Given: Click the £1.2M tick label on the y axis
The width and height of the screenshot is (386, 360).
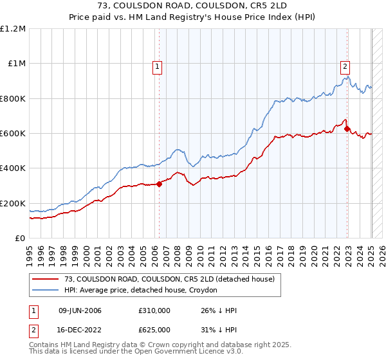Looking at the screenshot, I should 13,29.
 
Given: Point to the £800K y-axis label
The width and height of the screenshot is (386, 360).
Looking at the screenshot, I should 13,98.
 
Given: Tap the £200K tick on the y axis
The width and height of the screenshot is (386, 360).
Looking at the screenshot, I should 13,203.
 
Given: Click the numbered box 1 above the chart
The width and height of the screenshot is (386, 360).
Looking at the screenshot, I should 158,64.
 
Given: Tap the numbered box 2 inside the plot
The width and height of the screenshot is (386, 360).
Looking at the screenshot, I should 345,64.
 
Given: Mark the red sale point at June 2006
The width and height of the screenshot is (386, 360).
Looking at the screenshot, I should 159,184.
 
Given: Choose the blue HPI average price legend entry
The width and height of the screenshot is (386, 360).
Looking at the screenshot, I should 141,291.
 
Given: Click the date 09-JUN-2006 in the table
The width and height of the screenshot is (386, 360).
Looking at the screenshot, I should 80,310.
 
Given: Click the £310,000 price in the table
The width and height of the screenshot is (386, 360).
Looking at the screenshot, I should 154,310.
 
